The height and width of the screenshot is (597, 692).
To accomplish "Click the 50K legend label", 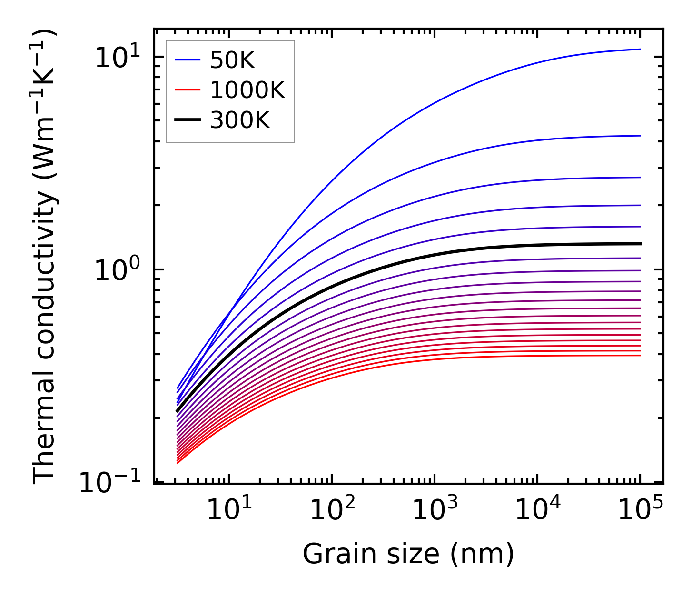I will click(232, 60).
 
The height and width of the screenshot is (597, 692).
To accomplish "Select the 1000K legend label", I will click(247, 90).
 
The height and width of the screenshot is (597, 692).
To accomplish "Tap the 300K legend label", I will click(240, 120).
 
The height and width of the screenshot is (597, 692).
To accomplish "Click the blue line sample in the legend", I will click(188, 60).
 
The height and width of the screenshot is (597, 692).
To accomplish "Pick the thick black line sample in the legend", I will click(188, 120).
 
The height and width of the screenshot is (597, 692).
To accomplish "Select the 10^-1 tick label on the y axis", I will click(110, 483).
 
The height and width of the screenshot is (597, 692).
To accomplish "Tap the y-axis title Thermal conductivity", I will click(45, 257).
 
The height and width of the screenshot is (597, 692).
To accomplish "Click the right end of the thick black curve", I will click(641, 244).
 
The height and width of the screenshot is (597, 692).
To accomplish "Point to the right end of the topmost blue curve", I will click(641, 49).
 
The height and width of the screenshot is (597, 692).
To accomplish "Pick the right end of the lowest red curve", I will click(641, 355).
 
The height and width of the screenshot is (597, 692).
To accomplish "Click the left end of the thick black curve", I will click(177, 411).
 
